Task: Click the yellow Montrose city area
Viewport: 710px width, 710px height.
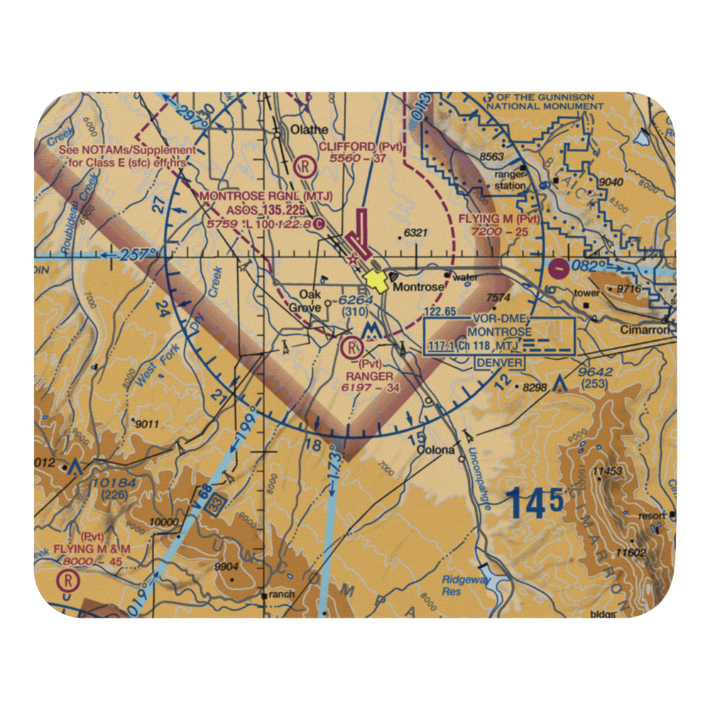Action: (376, 282)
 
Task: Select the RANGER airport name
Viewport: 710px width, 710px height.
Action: (369, 376)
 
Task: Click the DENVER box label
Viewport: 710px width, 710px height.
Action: (500, 363)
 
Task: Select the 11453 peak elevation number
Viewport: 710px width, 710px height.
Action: (608, 471)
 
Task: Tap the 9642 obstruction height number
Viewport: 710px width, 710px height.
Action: (595, 372)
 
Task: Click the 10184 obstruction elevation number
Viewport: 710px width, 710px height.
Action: (113, 484)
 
